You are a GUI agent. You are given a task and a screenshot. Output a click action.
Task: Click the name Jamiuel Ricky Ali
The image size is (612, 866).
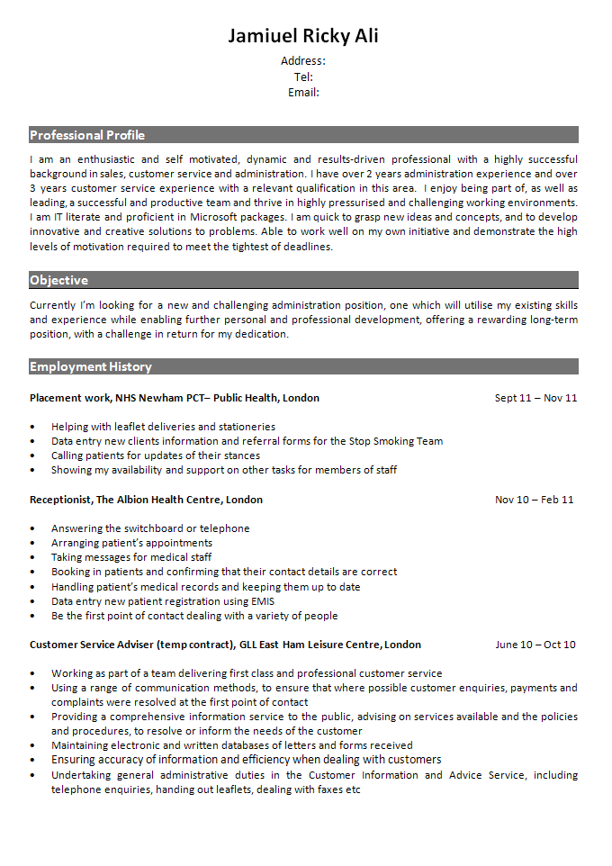coord(303,36)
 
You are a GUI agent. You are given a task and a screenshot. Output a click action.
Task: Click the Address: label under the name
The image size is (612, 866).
coord(303,61)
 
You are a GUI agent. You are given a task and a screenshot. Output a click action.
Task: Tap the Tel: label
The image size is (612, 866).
coord(303,77)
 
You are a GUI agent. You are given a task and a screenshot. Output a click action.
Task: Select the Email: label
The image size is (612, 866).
coord(303,93)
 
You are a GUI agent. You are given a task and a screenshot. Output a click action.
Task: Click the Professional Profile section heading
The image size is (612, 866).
coord(87,135)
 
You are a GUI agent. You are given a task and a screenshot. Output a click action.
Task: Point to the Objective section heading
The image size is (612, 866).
coord(58,280)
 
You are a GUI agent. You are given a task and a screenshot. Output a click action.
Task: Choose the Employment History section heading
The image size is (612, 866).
coord(91,366)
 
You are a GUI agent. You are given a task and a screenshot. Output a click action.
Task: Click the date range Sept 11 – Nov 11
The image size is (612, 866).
coord(535,398)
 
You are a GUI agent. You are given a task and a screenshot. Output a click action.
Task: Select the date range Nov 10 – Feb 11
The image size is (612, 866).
coord(534,500)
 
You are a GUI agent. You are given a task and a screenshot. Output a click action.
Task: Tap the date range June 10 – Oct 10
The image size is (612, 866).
coord(535,645)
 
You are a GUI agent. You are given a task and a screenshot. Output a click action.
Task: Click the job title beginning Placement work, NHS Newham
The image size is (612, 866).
coord(174,398)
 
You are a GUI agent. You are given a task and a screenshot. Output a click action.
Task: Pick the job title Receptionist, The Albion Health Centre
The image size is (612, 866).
coord(146,500)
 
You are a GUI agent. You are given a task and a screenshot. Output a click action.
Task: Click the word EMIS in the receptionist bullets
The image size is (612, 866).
coord(263,601)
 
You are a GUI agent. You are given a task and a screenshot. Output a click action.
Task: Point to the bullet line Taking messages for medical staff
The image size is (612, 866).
coord(131,557)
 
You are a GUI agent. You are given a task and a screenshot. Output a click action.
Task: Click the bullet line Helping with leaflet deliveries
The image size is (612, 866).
coord(163,427)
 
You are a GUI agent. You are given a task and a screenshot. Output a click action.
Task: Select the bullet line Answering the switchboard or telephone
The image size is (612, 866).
coord(150,528)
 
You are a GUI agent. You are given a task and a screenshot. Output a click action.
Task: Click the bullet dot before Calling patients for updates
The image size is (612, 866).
coord(32,456)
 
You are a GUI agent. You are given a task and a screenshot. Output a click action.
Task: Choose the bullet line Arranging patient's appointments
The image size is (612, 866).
coord(131,543)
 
